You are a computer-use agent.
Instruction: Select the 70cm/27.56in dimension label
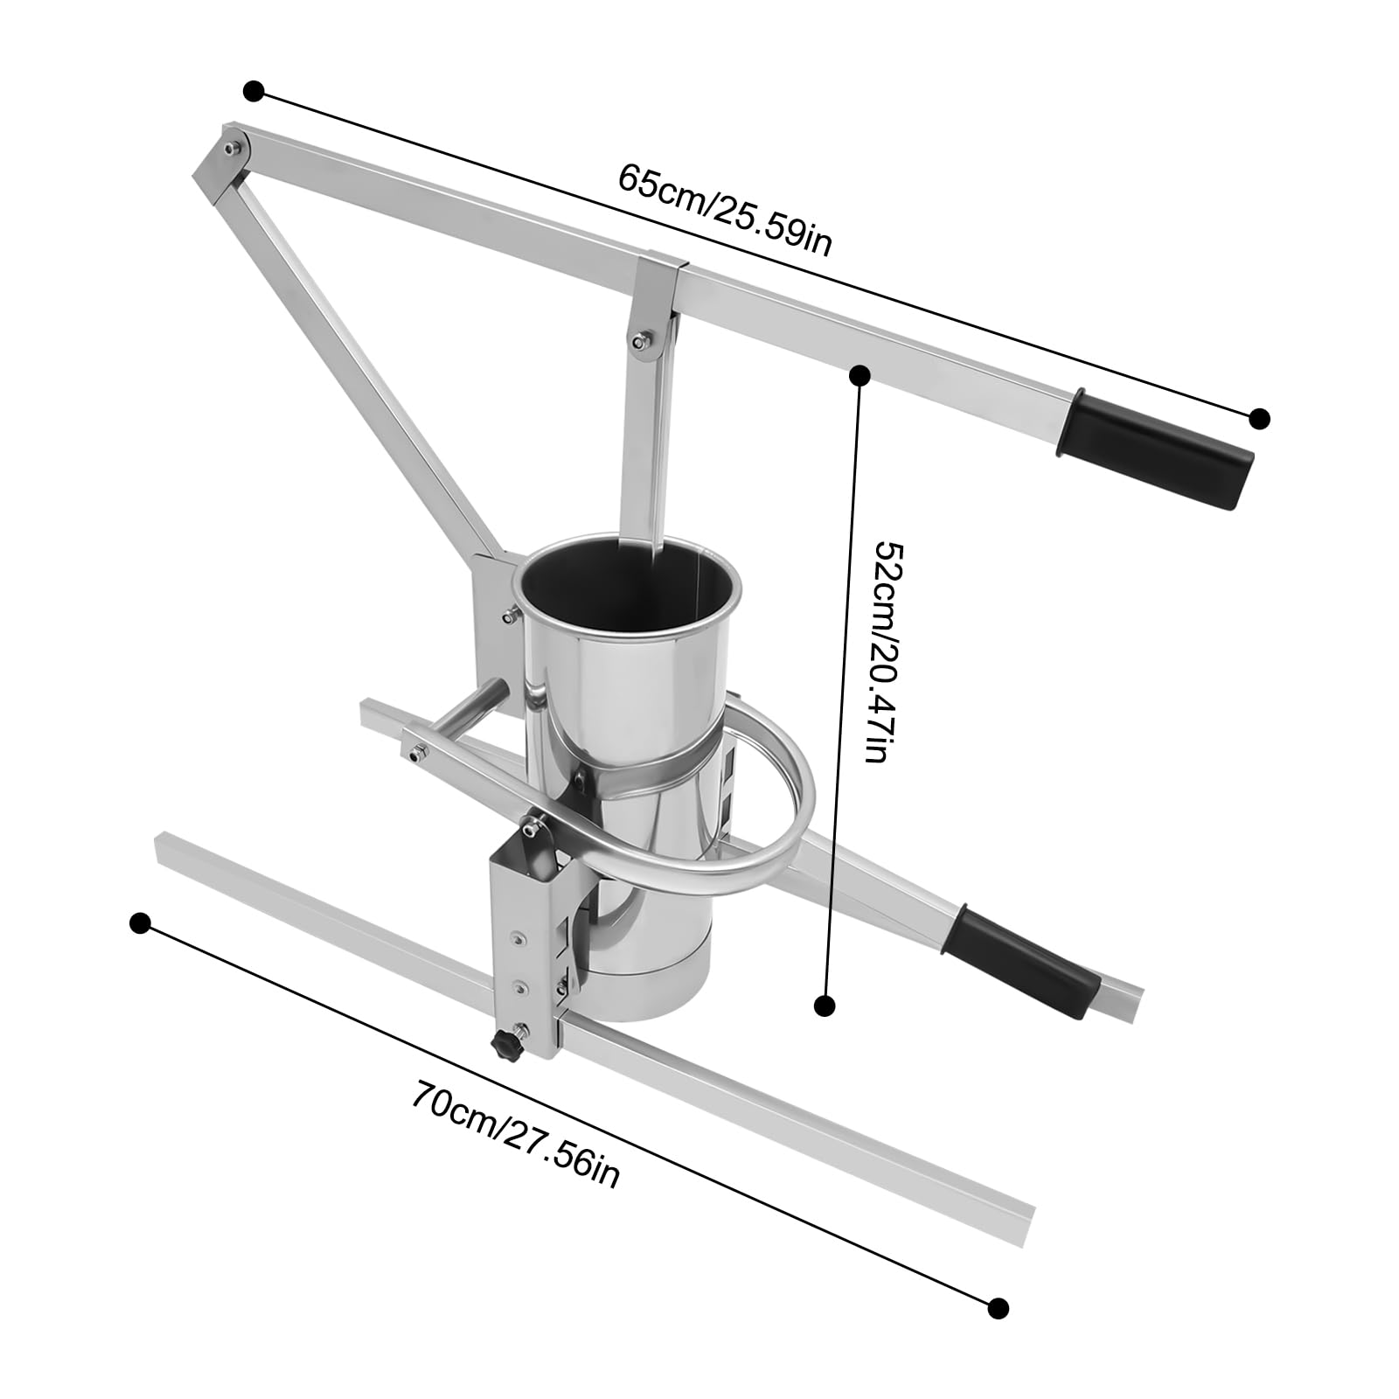point(516,1133)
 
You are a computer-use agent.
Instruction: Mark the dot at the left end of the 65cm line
point(254,91)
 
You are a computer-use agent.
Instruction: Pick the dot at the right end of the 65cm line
point(1259,418)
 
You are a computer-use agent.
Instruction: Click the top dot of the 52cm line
point(860,375)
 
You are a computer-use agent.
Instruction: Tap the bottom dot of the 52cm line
point(824,1006)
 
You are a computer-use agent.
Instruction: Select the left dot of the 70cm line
point(141,923)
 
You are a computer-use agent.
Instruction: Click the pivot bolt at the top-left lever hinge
point(231,150)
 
